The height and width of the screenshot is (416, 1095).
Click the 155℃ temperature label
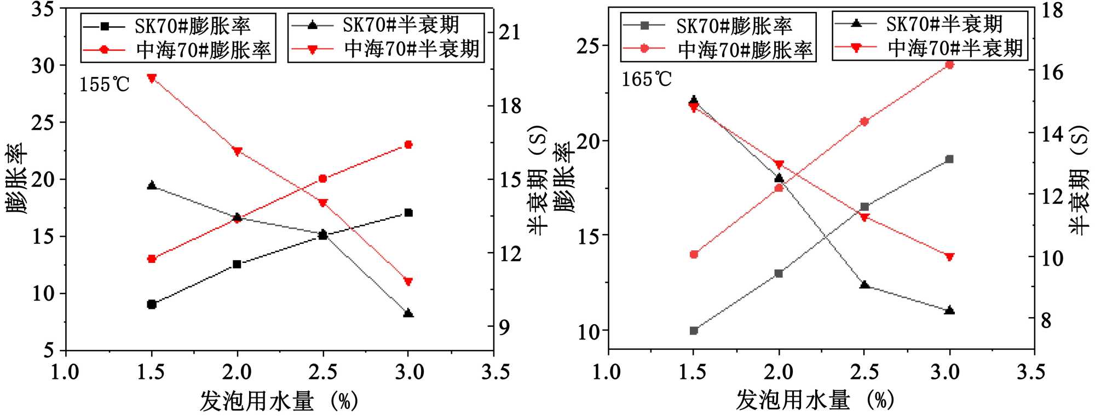(x=105, y=85)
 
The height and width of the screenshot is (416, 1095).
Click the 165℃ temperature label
(x=646, y=80)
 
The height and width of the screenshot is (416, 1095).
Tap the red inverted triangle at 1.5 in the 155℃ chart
(x=152, y=78)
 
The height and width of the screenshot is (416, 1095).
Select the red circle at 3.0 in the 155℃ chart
(x=408, y=145)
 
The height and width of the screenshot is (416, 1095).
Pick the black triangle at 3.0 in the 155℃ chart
(x=408, y=313)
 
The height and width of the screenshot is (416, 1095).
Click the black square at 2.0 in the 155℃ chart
(x=237, y=265)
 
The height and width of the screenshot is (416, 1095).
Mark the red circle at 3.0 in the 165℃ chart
(x=949, y=65)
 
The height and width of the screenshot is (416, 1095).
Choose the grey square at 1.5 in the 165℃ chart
(x=694, y=331)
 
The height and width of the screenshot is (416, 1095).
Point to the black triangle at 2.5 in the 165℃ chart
(x=865, y=285)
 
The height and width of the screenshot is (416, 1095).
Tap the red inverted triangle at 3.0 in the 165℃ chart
(x=949, y=257)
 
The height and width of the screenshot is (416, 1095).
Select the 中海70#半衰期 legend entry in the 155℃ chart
(x=386, y=49)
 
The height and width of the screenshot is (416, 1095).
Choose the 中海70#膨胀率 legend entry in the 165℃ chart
(x=718, y=50)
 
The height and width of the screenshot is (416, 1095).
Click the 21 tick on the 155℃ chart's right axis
(x=510, y=32)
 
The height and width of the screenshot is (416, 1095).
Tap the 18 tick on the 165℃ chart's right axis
(x=1051, y=10)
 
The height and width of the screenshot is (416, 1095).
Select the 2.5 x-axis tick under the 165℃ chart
(x=865, y=372)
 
